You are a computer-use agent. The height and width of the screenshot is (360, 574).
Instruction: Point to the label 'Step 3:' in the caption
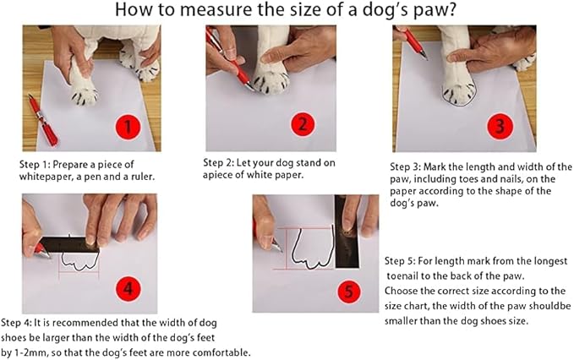(x=410, y=166)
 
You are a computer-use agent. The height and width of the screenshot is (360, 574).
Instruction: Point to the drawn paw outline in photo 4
(x=78, y=265)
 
